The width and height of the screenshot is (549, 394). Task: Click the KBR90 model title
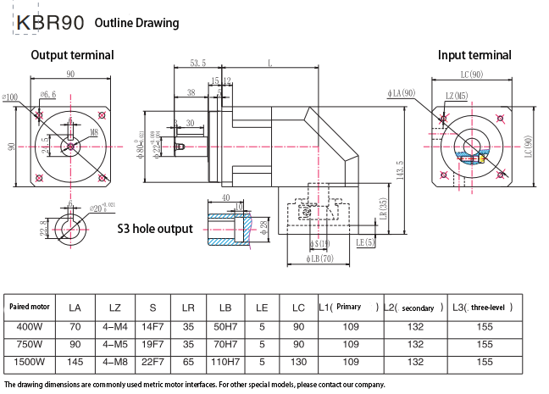[x=47, y=22]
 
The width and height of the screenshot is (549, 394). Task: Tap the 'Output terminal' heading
[x=72, y=55]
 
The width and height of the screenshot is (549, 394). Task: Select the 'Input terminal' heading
[x=474, y=55]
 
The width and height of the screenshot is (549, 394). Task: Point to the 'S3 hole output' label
[x=155, y=229]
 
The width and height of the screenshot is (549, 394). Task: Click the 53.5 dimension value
[x=197, y=64]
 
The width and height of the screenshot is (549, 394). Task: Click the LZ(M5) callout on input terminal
[x=457, y=97]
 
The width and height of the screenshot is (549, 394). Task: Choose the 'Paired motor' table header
[x=30, y=307]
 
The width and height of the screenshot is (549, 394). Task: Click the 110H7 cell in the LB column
[x=225, y=362]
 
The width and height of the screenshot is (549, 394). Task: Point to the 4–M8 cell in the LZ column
[x=112, y=362]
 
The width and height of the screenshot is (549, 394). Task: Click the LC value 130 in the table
[x=298, y=362]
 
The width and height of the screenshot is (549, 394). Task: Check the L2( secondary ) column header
[x=415, y=308]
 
